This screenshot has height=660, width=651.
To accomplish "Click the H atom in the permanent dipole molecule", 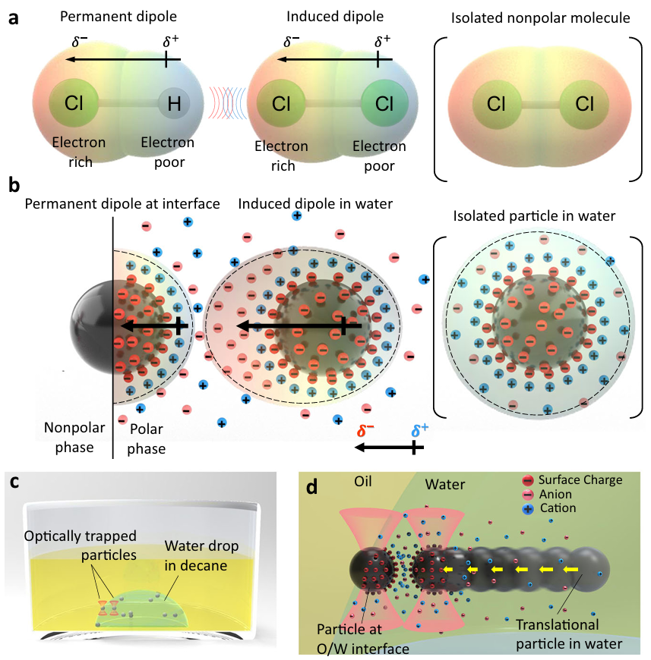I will [173, 104].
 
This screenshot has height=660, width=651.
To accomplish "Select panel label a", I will [14, 18].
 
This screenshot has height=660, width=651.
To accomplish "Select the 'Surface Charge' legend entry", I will [577, 479].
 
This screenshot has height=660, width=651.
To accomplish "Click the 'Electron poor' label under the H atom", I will [168, 149].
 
